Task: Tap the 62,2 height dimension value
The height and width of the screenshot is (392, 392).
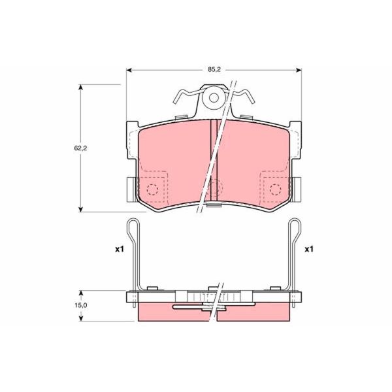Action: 80,148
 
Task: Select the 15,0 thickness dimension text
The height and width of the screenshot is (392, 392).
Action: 80,305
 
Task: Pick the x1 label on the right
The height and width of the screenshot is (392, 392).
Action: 309,250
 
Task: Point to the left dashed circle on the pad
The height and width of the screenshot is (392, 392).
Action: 152,190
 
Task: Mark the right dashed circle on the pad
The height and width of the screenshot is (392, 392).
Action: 275,190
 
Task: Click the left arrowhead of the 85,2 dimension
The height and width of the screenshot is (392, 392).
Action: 129,69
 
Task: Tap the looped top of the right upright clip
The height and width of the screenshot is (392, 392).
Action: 295,225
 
